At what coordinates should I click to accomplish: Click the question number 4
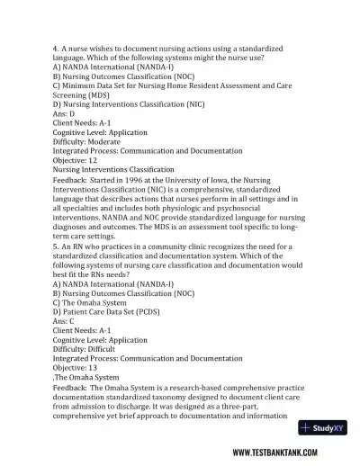[x=56, y=46]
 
